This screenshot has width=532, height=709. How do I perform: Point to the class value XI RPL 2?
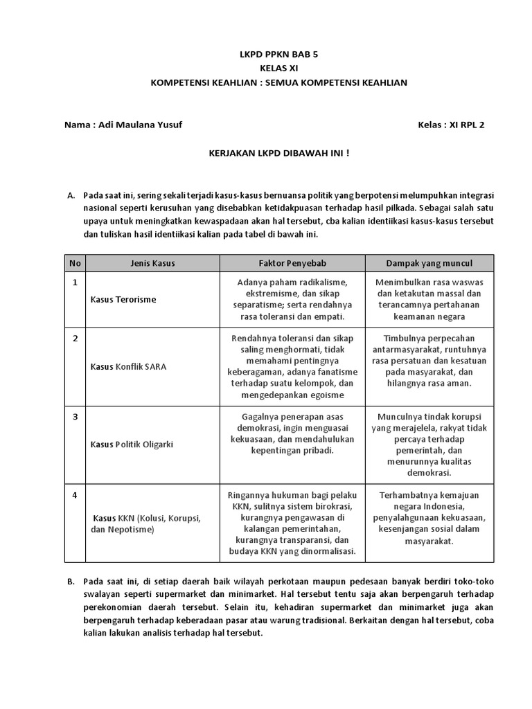click(x=467, y=125)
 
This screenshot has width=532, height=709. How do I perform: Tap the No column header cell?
click(x=75, y=264)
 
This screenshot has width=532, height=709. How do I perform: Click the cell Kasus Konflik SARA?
click(x=128, y=366)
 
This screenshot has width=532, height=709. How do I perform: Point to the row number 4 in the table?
click(x=75, y=495)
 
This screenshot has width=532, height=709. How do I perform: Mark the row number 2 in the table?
click(x=75, y=338)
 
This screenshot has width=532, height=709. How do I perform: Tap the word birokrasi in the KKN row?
click(x=330, y=506)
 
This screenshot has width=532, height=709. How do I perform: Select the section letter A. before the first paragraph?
click(x=71, y=196)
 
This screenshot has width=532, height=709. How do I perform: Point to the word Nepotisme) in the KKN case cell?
click(x=130, y=529)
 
